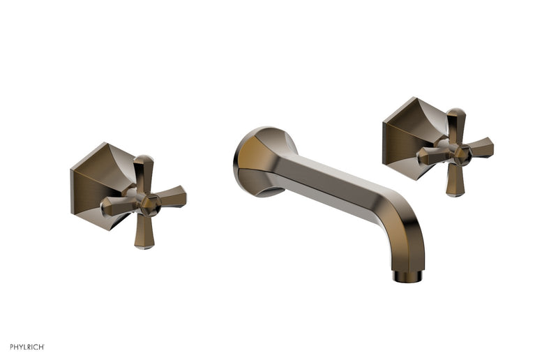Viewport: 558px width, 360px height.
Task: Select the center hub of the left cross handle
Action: (149, 202)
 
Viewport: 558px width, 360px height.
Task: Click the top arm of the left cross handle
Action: (143, 171)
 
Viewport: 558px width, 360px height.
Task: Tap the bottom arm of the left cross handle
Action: (144, 232)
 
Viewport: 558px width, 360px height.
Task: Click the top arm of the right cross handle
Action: (456, 123)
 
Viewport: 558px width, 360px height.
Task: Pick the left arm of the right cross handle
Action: (431, 156)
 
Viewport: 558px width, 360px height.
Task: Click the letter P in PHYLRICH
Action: (12, 347)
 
